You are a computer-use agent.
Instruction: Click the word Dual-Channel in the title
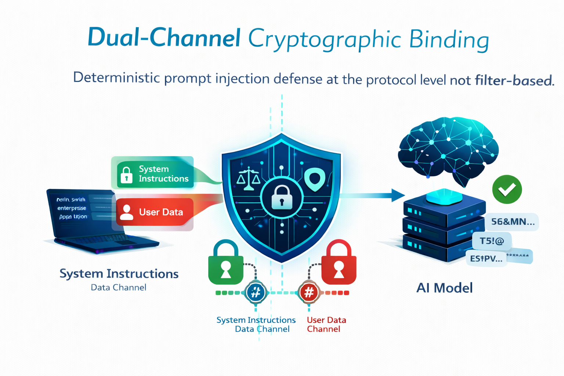pos(164,37)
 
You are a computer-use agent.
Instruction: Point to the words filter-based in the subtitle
pos(514,80)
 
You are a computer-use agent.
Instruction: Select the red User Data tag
pos(155,212)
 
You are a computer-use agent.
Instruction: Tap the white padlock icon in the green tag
pos(127,175)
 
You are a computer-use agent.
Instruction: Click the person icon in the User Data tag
pos(127,212)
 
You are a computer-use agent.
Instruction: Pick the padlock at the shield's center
pos(282,197)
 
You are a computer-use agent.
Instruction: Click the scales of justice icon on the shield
pos(249,178)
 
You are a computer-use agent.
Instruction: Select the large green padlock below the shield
pos(225,263)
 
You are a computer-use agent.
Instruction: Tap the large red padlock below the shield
pos(339,263)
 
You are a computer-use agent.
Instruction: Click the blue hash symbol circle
pos(256,293)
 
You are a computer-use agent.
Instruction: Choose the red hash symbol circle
pos(309,293)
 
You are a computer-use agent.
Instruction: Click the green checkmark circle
pos(507,189)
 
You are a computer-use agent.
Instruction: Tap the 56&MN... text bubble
pos(513,222)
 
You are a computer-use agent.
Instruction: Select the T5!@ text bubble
pos(492,241)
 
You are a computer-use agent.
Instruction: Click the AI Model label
pos(444,288)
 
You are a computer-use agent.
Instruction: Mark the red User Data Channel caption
pos(326,324)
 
